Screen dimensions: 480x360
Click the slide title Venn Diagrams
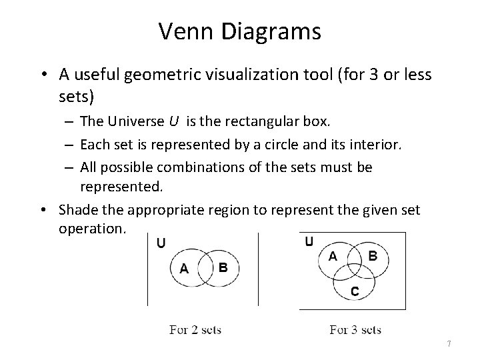point(240,31)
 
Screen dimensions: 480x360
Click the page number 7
point(449,343)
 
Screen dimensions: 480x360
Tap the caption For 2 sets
point(195,329)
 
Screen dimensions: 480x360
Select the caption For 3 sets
point(355,329)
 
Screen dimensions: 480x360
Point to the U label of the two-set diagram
point(161,243)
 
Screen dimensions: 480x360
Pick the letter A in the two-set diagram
point(185,269)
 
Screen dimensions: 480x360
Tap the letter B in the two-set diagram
point(223,267)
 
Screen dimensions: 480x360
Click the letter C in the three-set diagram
point(354,291)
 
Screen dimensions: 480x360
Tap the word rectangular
point(253,121)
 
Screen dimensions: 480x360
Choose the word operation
point(91,228)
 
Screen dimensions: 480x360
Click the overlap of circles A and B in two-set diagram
point(203,267)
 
